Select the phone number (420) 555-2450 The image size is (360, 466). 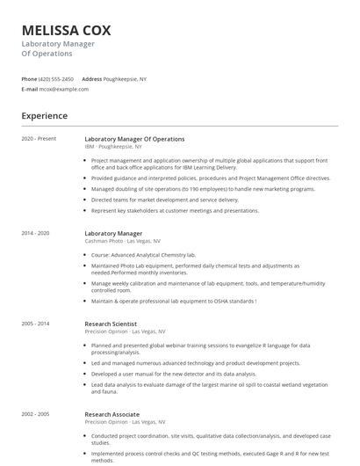click(57, 79)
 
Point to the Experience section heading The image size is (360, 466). click(44, 115)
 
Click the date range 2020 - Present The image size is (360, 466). click(39, 139)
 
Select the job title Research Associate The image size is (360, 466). click(112, 413)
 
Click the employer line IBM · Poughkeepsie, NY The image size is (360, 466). click(113, 147)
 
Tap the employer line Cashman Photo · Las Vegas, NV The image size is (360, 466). click(122, 241)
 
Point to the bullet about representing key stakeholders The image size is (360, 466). click(175, 210)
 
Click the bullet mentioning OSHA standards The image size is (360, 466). click(173, 301)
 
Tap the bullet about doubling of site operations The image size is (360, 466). click(177, 188)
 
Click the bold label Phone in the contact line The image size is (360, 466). click(29, 79)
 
